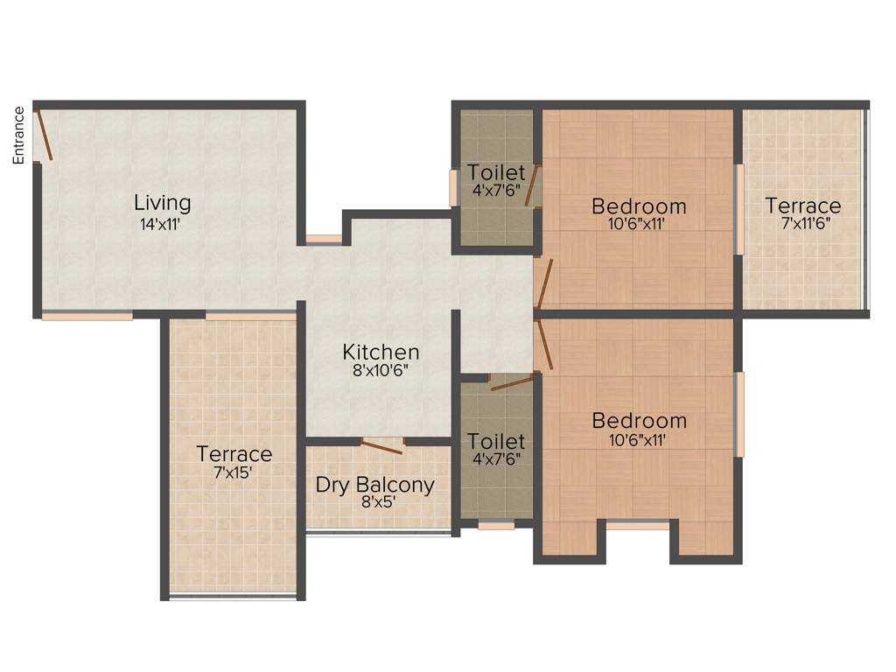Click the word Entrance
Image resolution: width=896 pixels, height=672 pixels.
pos(17,135)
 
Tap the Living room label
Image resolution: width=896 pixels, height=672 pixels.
pos(162,203)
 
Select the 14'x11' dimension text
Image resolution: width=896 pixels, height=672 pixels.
pos(162,223)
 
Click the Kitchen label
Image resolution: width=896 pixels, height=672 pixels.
pos(381,352)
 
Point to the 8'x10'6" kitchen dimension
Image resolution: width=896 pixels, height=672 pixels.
pos(381,370)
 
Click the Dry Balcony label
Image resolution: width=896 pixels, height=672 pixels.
pos(374,485)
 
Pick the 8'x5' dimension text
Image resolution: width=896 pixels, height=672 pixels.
pos(374,502)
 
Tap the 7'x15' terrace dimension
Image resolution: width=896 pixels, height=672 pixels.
pos(234,473)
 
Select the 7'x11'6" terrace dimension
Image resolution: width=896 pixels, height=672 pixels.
pos(802,223)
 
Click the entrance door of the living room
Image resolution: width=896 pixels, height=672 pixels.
pos(44,135)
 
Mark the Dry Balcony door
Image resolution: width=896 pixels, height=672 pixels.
pos(382,446)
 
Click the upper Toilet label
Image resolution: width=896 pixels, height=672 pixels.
pos(496,172)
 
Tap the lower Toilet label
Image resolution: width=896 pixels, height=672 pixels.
pos(496,441)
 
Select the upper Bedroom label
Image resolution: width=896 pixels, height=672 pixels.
pos(639,206)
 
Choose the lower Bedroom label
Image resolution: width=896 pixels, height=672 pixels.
pos(639,421)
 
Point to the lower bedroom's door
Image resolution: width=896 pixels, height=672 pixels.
pos(545,344)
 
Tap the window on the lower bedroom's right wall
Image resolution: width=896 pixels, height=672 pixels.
pos(739,414)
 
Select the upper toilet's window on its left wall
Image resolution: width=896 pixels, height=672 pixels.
pos(453,187)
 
